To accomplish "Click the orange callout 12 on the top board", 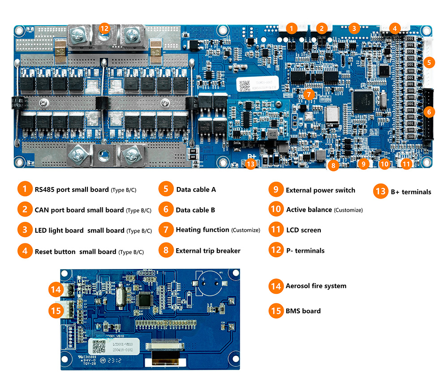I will [x=104, y=28].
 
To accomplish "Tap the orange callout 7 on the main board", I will [x=308, y=94].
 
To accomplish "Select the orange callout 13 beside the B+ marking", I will [x=251, y=164].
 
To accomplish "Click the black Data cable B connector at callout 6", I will [x=428, y=115].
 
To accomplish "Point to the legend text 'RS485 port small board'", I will [x=72, y=189].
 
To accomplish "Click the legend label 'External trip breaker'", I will [x=208, y=251].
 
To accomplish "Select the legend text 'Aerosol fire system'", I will [x=316, y=286].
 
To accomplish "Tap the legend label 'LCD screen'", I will [x=303, y=230].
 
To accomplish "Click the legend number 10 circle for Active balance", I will [x=275, y=209].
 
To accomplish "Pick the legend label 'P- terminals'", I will [x=305, y=251].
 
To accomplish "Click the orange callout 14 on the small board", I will [x=56, y=290].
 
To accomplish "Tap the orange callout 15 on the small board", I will [x=56, y=310].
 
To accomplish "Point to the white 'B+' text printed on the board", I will [x=252, y=157].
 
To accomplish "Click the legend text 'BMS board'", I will [x=303, y=311].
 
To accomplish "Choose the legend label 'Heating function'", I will [x=202, y=230].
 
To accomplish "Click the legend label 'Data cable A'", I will [x=196, y=189].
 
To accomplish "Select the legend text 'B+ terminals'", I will [x=411, y=192].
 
